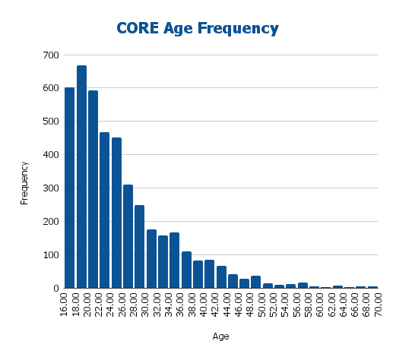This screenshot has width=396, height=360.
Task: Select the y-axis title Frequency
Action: [24, 182]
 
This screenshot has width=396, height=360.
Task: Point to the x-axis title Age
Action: [220, 336]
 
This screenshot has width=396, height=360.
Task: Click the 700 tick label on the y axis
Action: [50, 55]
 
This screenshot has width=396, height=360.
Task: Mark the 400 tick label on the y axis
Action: [50, 155]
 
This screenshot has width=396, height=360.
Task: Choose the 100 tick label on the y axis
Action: [50, 255]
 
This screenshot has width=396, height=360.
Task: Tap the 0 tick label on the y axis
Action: [55, 289]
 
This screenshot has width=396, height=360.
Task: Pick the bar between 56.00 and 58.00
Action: [303, 286]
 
